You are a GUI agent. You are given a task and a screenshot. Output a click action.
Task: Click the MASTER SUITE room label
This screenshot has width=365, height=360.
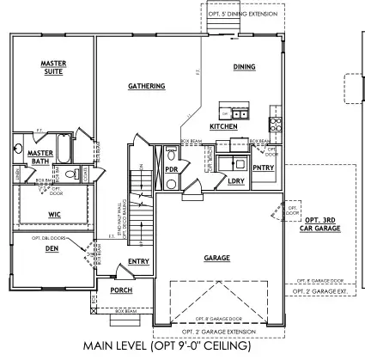pyautogui.click(x=53, y=67)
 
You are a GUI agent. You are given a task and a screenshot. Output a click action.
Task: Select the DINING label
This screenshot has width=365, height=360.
pyautogui.click(x=244, y=66)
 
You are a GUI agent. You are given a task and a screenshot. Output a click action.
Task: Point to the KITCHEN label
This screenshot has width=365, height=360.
pyautogui.click(x=223, y=127)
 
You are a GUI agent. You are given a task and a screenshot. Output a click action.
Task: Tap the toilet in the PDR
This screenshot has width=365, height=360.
pyautogui.click(x=172, y=157)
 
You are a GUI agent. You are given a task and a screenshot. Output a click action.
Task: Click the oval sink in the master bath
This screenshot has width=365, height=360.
pyautogui.click(x=18, y=150)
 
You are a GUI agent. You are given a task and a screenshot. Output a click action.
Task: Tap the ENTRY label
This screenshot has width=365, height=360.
pyautogui.click(x=138, y=261)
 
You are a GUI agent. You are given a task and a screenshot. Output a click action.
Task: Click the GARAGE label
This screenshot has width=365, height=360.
pyautogui.click(x=216, y=257)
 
